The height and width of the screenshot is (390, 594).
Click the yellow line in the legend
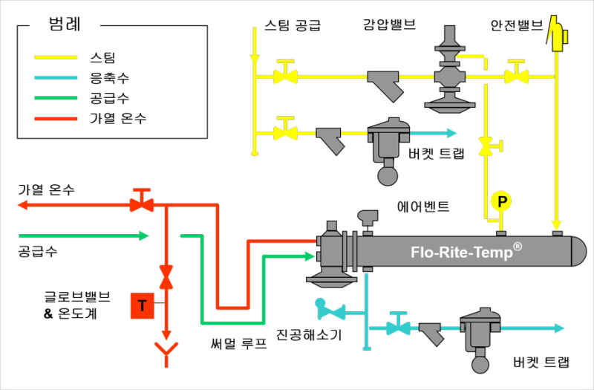(x=56, y=56)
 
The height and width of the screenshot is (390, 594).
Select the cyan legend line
(x=56, y=77)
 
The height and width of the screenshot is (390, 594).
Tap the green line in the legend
(x=56, y=98)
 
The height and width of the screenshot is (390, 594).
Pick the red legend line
(x=56, y=119)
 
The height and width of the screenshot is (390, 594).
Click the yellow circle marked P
(x=501, y=201)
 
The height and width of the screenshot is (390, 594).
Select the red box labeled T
(x=141, y=305)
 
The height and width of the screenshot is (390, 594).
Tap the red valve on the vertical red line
(x=166, y=278)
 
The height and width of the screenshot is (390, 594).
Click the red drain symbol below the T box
(x=166, y=351)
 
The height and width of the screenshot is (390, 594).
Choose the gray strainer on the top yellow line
(x=386, y=83)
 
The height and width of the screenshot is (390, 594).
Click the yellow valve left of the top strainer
(x=284, y=75)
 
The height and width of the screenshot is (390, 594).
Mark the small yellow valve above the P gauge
(x=487, y=146)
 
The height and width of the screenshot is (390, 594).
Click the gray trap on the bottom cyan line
(x=480, y=334)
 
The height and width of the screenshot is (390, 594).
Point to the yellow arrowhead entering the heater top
(x=555, y=225)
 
